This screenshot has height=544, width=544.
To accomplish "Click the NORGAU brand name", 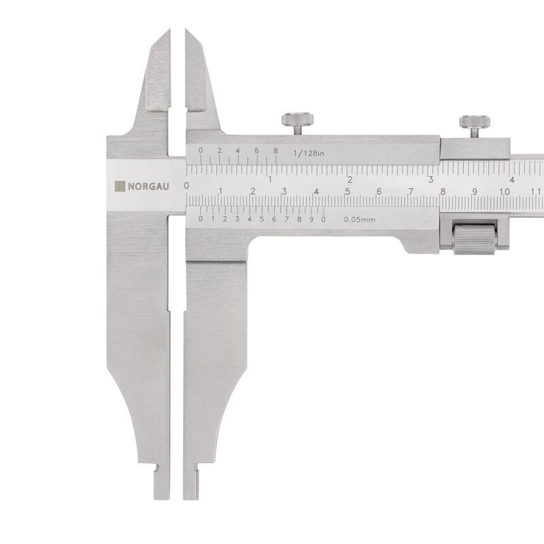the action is click(x=148, y=186).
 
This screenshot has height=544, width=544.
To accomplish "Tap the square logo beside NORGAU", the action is click(x=120, y=186).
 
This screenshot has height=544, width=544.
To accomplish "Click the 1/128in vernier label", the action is click(x=309, y=153).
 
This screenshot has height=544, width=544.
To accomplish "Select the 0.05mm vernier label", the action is click(x=360, y=220).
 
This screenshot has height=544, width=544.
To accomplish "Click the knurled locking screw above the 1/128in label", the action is click(x=298, y=124).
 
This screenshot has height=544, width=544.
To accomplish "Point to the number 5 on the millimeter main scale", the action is click(x=347, y=192).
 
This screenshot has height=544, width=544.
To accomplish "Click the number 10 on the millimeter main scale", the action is click(x=504, y=192).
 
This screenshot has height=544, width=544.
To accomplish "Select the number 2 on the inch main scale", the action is click(x=350, y=180).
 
